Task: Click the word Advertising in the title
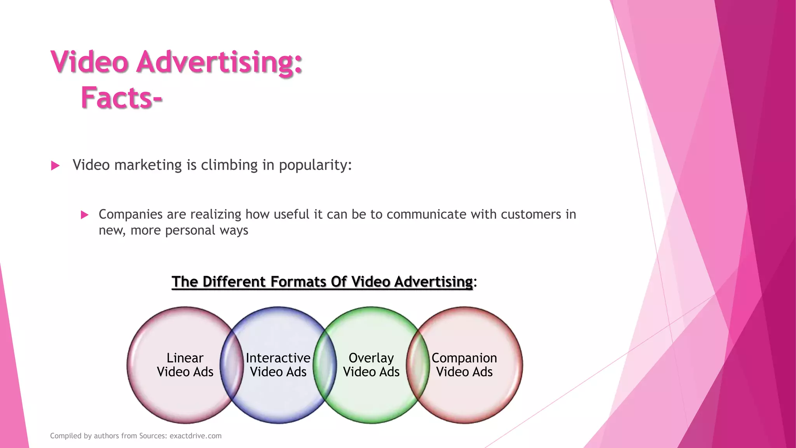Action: coord(219,62)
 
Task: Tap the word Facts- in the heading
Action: coord(121,98)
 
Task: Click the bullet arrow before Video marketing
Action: coord(55,166)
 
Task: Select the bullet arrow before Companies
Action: coord(84,215)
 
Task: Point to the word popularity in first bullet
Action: coord(314,165)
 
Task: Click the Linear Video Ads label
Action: coord(185,365)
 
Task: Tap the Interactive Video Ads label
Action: coord(278,365)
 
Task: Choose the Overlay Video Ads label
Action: coord(371,365)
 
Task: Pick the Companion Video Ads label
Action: coord(464,365)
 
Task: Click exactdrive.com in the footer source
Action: coord(196,436)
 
